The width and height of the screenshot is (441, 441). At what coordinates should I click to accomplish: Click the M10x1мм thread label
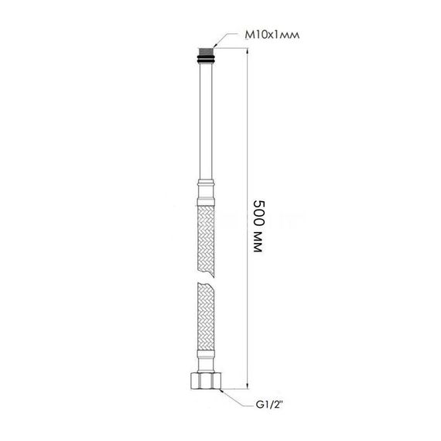267,35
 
